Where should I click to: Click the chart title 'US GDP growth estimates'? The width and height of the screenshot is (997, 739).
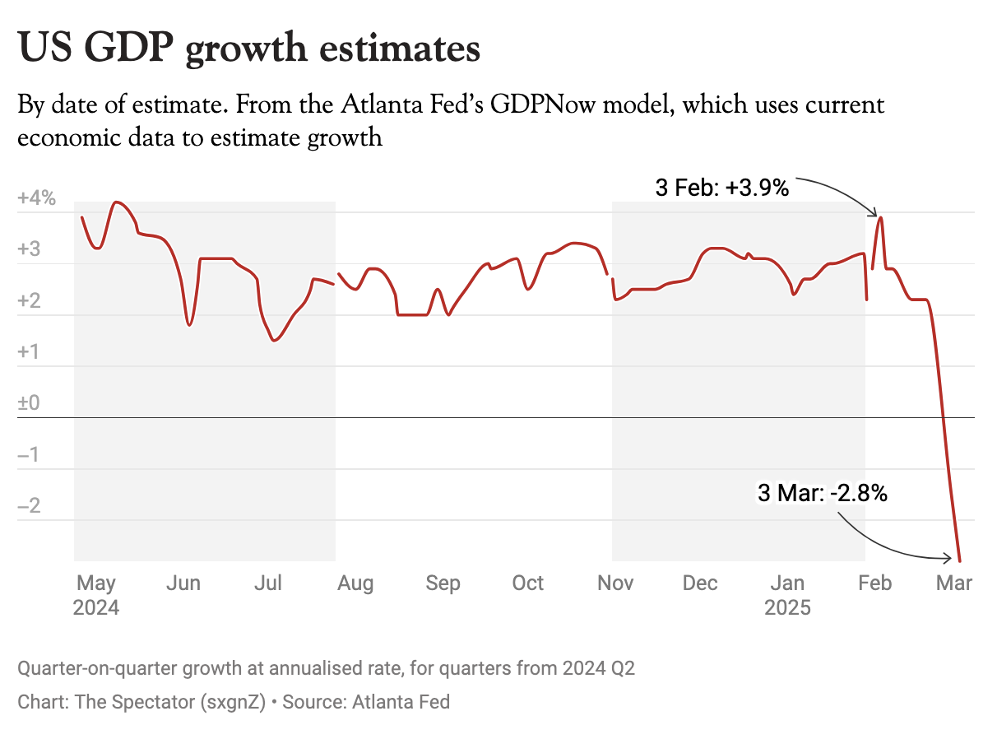(248, 48)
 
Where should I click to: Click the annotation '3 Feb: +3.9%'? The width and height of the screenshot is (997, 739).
(721, 188)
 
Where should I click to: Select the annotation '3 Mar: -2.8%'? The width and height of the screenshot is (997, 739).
(822, 494)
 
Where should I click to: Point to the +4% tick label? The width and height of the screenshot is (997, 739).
(36, 198)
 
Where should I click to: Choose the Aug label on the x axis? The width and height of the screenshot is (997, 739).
(355, 583)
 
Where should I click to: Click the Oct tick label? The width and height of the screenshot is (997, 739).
(528, 583)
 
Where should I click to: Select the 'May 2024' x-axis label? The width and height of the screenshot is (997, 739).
(96, 595)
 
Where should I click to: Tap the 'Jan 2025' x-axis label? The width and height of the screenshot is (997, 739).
(787, 595)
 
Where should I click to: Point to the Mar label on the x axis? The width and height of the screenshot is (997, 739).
(954, 583)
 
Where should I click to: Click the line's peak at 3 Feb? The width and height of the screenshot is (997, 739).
(881, 217)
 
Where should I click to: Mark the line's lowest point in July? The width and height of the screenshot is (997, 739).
(275, 341)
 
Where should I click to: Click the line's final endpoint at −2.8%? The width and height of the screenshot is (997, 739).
(961, 560)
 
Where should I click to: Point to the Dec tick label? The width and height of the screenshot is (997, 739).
(700, 583)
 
